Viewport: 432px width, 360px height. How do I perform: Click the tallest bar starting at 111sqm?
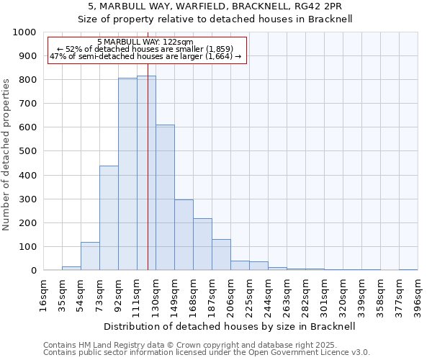click(146, 173)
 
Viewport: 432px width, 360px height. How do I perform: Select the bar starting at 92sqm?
click(127, 174)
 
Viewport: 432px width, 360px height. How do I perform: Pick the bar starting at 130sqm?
click(165, 197)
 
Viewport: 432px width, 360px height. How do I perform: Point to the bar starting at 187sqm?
click(221, 255)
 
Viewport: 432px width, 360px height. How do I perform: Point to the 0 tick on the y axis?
click(33, 271)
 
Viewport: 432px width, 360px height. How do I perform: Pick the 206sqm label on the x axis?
click(230, 294)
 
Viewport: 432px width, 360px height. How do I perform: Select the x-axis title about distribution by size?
click(230, 326)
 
